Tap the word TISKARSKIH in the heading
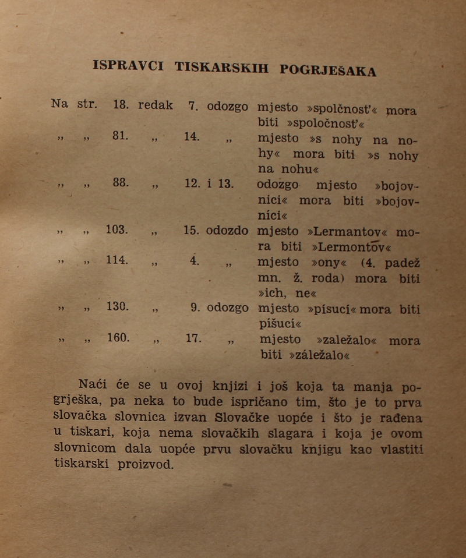[x=222, y=68]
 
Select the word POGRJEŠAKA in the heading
[x=328, y=70]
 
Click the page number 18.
[x=121, y=105]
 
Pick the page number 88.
[x=121, y=183]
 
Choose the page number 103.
[x=117, y=229]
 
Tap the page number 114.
[x=117, y=260]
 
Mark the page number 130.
[x=118, y=306]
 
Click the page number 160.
[x=118, y=337]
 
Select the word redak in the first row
[x=156, y=105]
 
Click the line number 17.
[x=193, y=337]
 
